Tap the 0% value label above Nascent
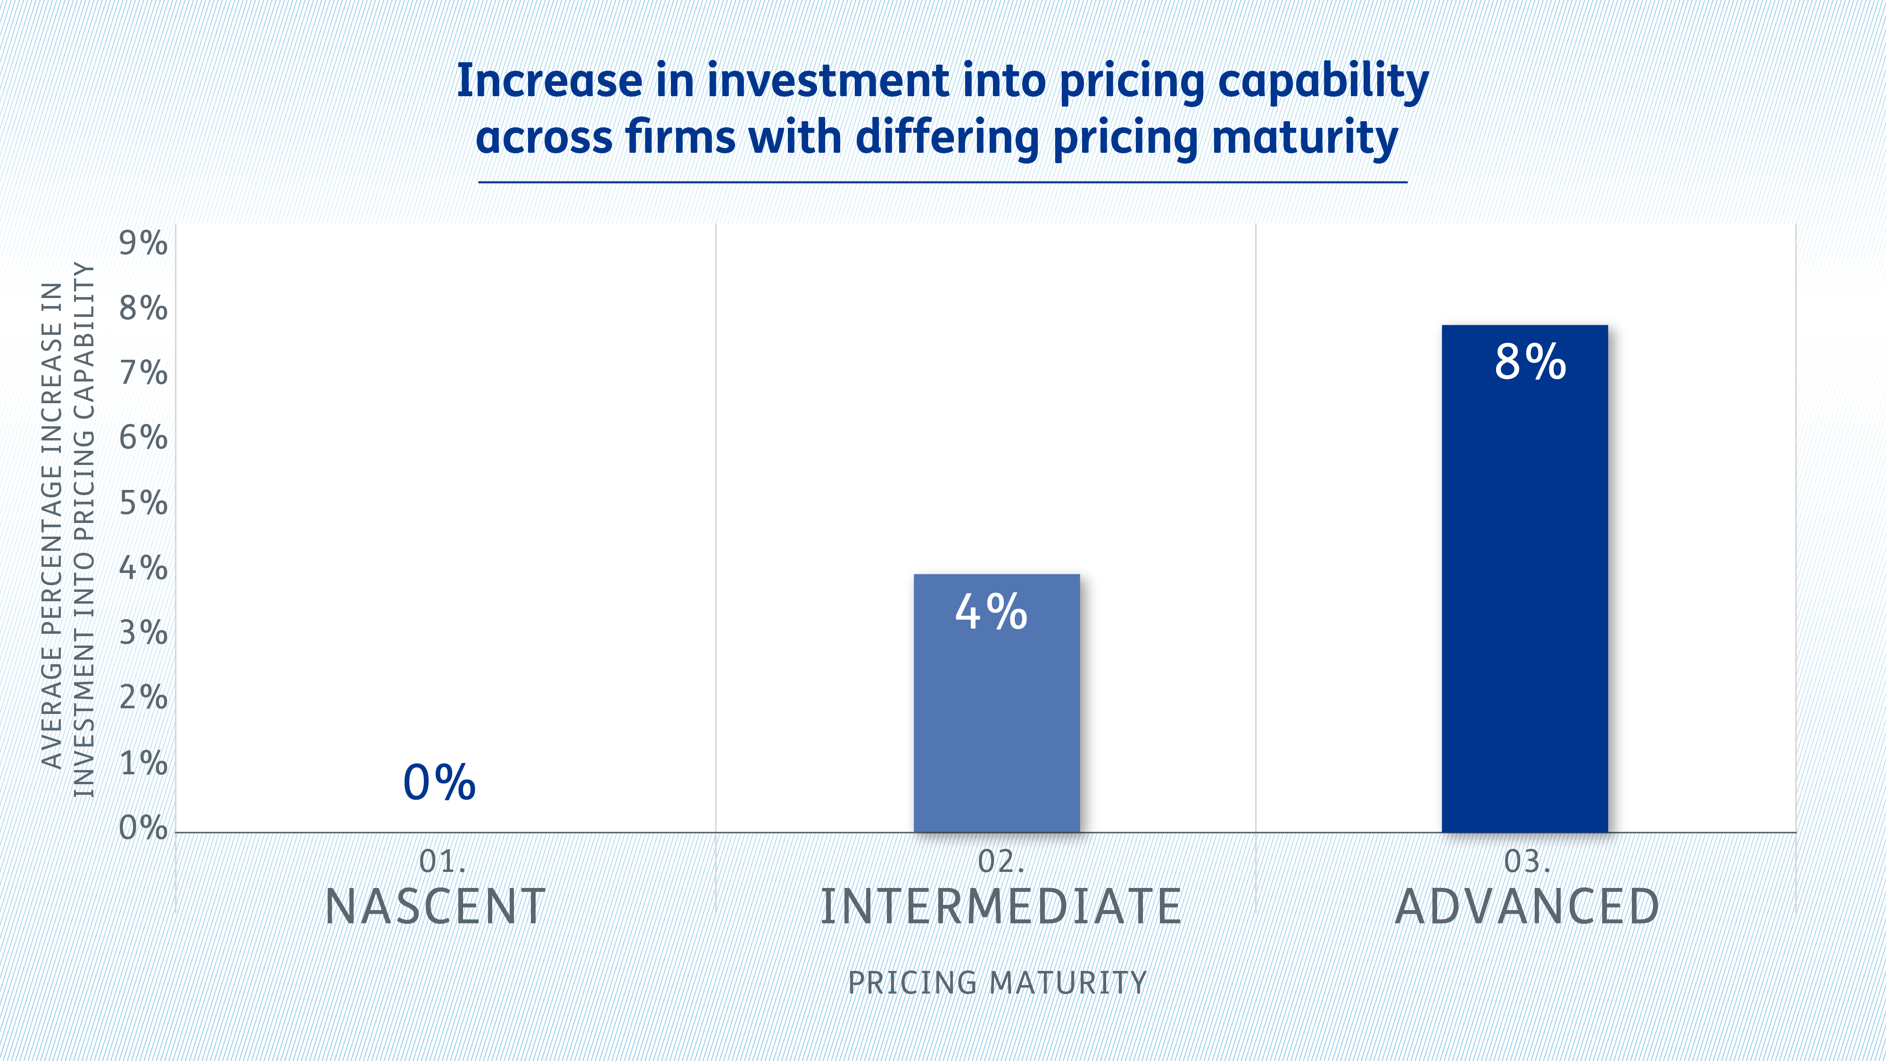point(439,782)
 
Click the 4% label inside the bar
point(991,612)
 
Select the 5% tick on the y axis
point(143,503)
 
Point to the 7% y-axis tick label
point(143,373)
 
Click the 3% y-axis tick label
point(143,633)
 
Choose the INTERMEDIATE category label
point(1000,906)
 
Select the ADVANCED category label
point(1527,906)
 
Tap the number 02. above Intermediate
point(1000,862)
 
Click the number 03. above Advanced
point(1527,862)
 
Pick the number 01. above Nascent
point(441,862)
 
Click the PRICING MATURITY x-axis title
point(996,983)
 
